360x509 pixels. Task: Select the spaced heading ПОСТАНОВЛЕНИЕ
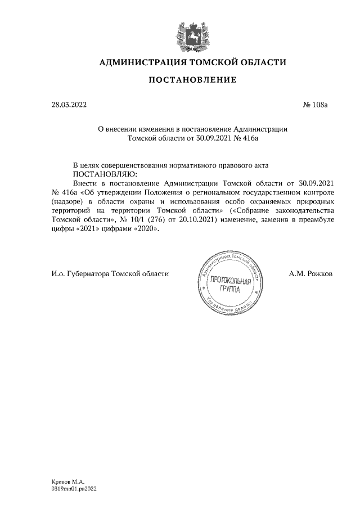[192, 80]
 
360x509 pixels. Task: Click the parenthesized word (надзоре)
[66, 201]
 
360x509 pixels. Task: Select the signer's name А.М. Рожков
[310, 273]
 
